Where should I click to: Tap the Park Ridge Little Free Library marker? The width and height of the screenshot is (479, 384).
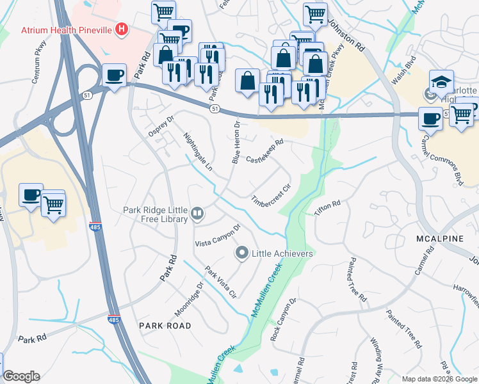coord(198,214)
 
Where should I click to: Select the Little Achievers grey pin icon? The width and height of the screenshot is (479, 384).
coord(242,253)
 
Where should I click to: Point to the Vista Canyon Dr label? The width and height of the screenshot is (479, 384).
coord(218,236)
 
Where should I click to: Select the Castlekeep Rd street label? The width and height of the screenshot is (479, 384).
coord(264,152)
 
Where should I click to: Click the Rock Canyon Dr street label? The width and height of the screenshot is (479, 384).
coord(284,319)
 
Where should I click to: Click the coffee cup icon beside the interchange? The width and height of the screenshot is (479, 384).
coord(115,76)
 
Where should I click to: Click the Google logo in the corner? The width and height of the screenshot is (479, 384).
coord(21,376)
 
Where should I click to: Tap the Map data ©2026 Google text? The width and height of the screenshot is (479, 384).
coord(439,379)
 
